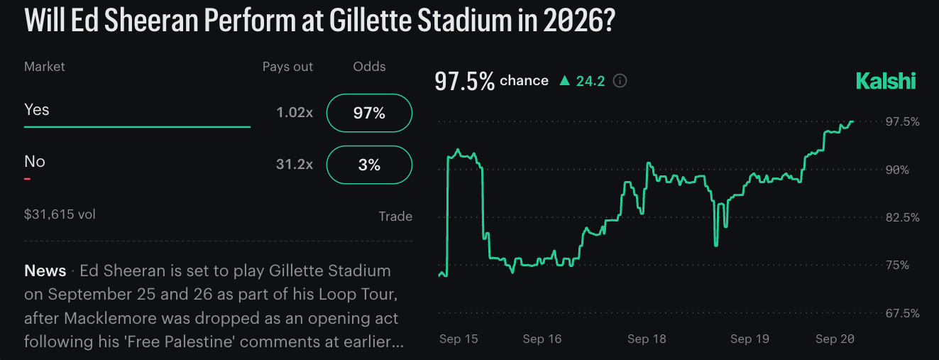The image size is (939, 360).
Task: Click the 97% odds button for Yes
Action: click(369, 113)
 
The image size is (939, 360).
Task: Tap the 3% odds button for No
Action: click(369, 165)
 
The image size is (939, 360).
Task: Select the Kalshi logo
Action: click(885, 81)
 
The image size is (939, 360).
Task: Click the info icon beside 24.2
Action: click(620, 80)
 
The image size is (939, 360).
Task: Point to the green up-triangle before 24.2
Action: click(565, 80)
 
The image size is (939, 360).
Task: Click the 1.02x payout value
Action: click(295, 112)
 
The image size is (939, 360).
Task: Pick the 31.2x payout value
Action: click(295, 164)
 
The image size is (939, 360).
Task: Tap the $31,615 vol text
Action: click(60, 214)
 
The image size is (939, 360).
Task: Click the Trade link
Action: click(395, 216)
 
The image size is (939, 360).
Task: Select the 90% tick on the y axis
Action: click(897, 170)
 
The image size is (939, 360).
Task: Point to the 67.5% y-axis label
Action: click(903, 313)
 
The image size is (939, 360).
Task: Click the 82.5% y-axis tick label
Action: click(903, 217)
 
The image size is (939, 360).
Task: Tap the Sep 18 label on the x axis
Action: click(647, 339)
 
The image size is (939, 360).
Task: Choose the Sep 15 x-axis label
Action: click(458, 339)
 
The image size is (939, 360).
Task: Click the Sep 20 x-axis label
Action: click(835, 339)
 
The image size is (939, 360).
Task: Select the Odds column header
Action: click(369, 66)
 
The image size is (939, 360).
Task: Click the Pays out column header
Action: click(287, 67)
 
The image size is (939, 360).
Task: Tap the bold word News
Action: click(45, 271)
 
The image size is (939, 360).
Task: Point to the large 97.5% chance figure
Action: click(464, 81)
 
